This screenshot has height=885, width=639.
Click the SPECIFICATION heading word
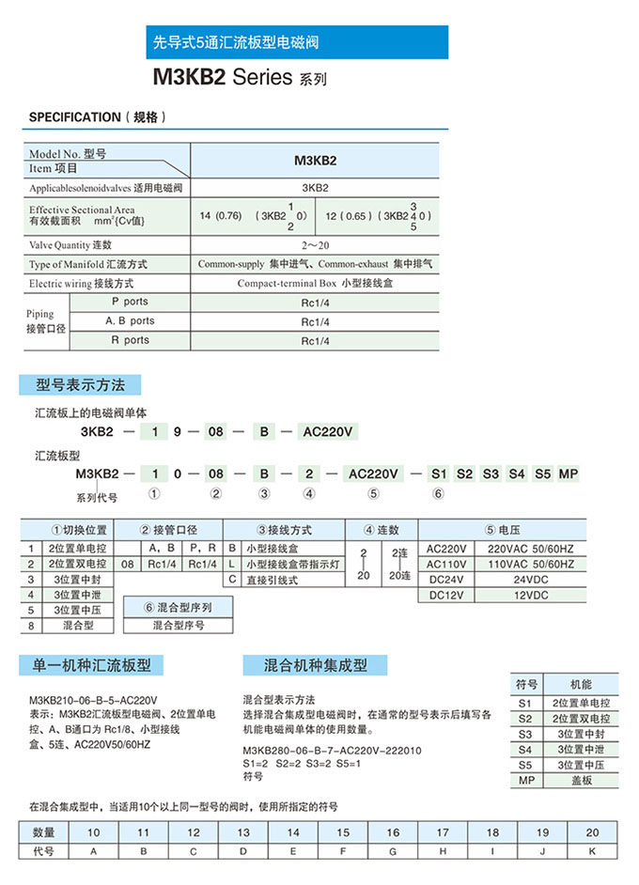[x=74, y=117]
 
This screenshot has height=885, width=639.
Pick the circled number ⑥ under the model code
[x=438, y=493]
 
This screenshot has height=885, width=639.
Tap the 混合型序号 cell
[x=179, y=625]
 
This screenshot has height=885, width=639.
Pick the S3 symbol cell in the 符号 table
[x=525, y=734]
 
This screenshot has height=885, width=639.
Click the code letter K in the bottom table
[x=592, y=851]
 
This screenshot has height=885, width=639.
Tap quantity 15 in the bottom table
[x=343, y=832]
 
